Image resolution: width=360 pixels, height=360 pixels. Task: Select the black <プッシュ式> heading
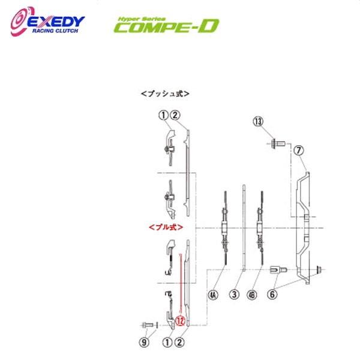pyautogui.click(x=165, y=94)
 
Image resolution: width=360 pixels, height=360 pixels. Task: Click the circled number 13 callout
pyautogui.click(x=258, y=122)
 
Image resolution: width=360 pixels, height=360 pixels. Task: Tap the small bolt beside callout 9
pyautogui.click(x=148, y=325)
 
